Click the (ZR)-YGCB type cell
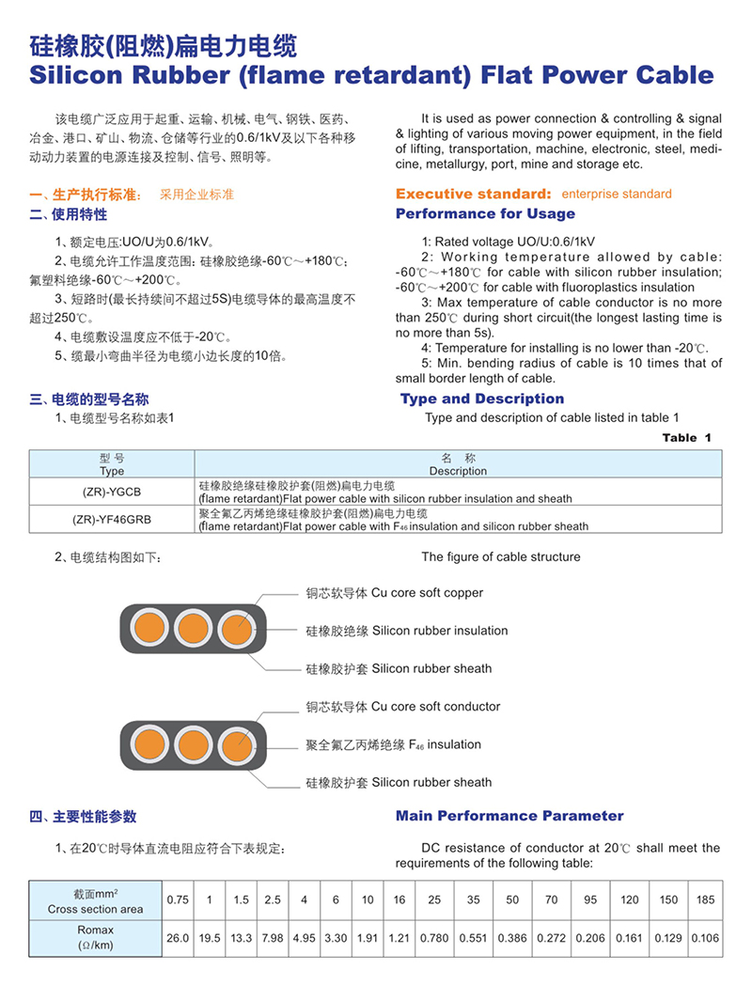111,492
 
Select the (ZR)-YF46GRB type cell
111,519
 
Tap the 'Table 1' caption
686,438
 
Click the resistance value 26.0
178,938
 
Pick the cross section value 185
705,900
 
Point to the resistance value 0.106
705,938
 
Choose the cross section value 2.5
273,900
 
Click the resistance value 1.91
368,938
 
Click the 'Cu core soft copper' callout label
394,593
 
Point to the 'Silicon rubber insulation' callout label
406,631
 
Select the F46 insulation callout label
393,744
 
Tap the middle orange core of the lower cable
192,743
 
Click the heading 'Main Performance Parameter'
509,816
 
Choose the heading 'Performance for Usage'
485,214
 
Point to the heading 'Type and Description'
482,399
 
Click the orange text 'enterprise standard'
617,195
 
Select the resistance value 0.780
433,938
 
